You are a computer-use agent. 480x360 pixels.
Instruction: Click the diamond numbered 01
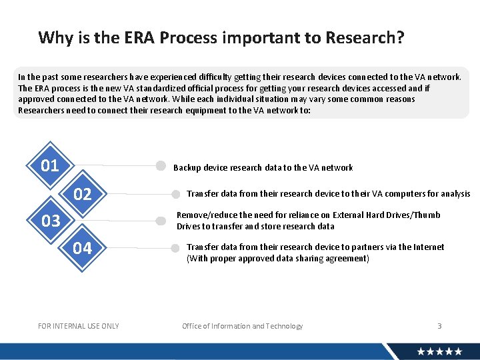[50, 165]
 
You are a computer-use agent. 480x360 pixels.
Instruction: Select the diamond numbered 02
[83, 194]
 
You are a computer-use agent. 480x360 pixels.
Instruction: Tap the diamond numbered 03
[50, 221]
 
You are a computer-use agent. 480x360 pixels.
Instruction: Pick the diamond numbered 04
[83, 249]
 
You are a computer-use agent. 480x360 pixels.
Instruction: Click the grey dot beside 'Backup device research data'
[161, 166]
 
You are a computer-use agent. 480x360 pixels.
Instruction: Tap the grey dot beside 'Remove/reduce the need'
[161, 221]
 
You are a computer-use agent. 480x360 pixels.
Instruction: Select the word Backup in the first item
[187, 168]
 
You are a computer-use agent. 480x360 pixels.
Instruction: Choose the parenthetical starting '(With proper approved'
[277, 259]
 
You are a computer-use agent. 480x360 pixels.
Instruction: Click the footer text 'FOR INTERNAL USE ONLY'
[79, 326]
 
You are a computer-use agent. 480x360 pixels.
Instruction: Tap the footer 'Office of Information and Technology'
[243, 326]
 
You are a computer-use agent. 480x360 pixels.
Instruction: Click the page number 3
[439, 326]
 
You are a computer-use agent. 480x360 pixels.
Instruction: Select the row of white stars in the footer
[439, 351]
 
